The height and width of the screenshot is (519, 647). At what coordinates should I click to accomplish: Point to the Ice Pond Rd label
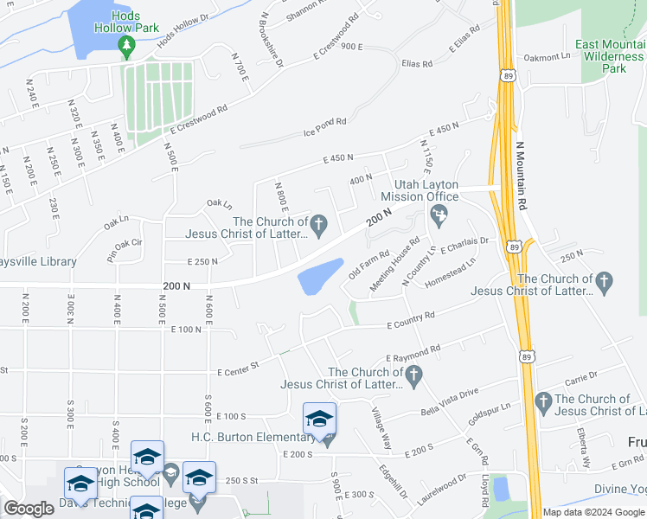tap(324, 127)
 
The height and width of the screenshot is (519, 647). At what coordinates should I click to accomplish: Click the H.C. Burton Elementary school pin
tap(319, 421)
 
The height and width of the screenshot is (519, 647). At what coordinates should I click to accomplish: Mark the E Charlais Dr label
tap(465, 246)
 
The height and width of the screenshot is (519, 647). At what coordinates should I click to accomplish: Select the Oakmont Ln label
tap(548, 57)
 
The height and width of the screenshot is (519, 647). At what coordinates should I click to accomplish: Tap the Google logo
tap(29, 509)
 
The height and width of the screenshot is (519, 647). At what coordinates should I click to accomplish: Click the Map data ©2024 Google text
tap(592, 512)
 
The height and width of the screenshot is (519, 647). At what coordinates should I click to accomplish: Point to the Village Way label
tap(381, 428)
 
